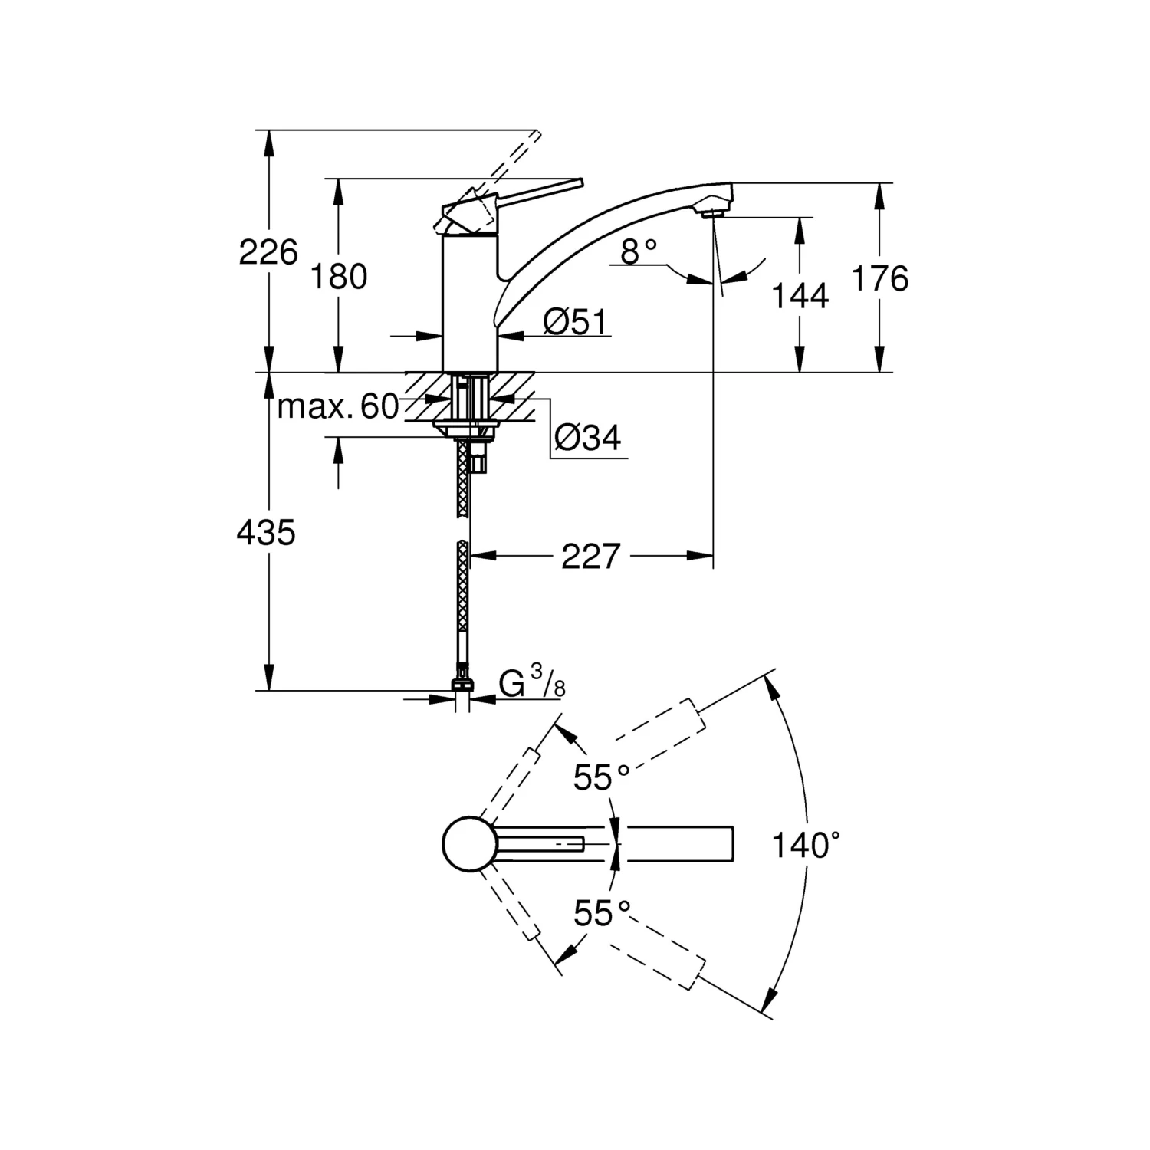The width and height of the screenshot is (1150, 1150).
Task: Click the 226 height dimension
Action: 268,252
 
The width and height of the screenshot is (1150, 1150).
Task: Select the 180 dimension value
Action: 338,276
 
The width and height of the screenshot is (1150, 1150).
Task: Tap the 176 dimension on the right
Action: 880,278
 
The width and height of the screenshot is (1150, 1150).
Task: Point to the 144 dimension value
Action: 800,296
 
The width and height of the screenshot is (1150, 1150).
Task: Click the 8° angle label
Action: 639,251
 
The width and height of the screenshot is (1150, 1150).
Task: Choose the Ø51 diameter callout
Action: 574,323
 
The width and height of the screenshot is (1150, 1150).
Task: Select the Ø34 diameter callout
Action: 588,438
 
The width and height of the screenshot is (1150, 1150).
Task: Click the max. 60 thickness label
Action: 338,406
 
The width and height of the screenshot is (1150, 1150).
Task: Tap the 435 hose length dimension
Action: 266,532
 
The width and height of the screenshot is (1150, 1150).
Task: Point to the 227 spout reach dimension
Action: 590,556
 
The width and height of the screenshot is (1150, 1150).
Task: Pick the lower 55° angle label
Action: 602,914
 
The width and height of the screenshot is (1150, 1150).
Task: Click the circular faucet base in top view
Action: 465,843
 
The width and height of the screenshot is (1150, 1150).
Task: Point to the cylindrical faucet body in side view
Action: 470,307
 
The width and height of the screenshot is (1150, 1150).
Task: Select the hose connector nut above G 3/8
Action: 462,684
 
